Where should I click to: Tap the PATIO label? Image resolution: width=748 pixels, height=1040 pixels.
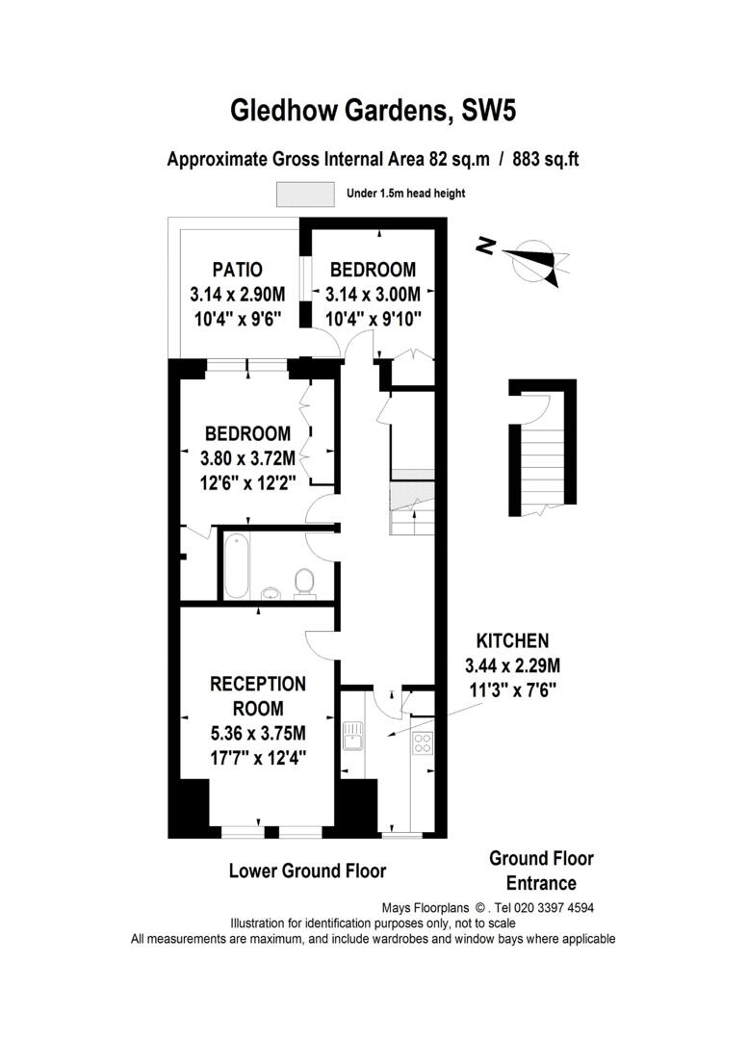coord(237,270)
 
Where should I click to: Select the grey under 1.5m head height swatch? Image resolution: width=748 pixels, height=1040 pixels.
coord(306,194)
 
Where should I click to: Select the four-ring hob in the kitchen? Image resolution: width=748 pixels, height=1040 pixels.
coord(423,741)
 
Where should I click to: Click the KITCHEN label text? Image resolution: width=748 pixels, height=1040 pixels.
coord(512,640)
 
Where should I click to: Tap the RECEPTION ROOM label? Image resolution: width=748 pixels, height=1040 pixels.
coord(258,696)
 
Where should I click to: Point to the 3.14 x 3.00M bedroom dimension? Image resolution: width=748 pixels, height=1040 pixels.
coord(373,294)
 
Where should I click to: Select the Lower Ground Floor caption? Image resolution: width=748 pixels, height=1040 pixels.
coord(307,871)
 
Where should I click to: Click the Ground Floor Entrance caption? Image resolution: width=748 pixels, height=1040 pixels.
coord(541,871)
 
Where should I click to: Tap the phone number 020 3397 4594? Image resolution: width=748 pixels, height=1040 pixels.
coord(553,908)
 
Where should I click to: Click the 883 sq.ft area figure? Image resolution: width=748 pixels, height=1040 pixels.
coord(546,160)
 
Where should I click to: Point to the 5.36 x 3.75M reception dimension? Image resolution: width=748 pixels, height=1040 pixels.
coord(258,733)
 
